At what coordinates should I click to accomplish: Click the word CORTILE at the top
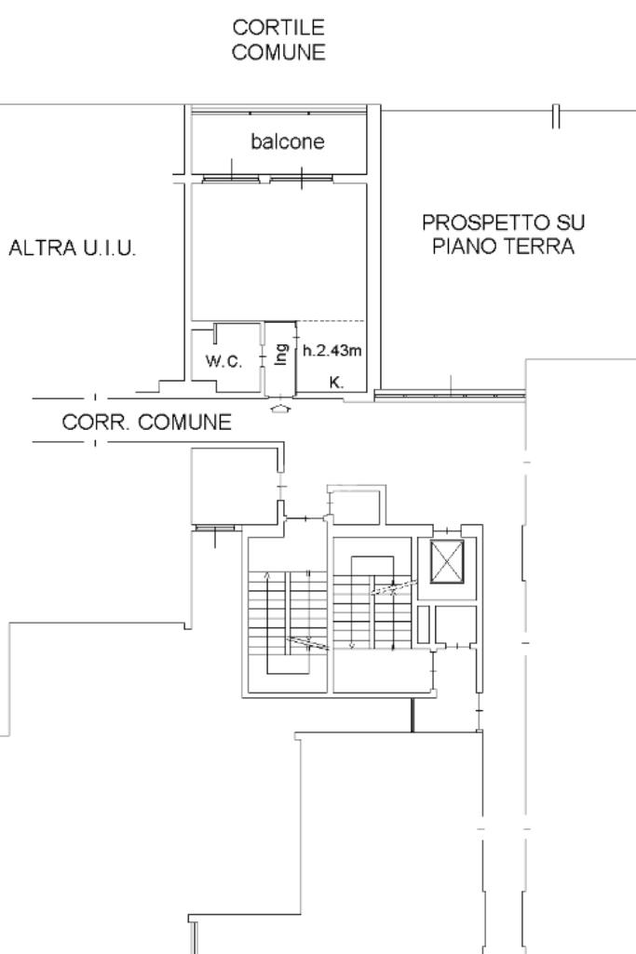tap(278, 27)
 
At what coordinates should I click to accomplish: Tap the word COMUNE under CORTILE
tap(278, 52)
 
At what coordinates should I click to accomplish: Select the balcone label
tap(287, 141)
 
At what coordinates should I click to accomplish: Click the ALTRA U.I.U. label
tap(72, 248)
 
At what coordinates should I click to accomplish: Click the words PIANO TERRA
tap(504, 247)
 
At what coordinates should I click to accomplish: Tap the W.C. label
tap(223, 361)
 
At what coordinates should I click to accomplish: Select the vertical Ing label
tap(280, 354)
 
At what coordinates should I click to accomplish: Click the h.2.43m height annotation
tap(332, 351)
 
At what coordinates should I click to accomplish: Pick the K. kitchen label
tap(336, 383)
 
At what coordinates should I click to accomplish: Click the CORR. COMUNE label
tap(147, 422)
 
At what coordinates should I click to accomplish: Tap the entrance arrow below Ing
tap(279, 409)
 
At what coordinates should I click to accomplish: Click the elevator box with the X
tap(447, 561)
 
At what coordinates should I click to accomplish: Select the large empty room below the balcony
tap(279, 252)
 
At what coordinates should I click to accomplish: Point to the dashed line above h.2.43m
tap(332, 321)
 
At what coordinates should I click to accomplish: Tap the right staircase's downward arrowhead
tap(352, 646)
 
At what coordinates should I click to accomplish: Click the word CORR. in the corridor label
tap(95, 422)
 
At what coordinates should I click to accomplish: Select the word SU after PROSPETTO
tap(570, 222)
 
